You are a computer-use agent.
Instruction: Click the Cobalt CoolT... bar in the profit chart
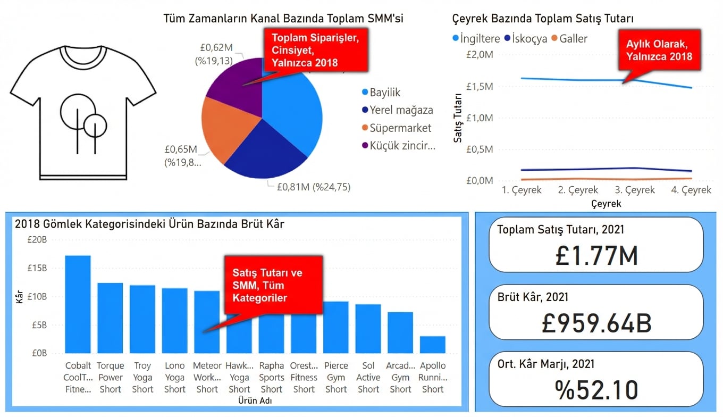[x=78, y=304]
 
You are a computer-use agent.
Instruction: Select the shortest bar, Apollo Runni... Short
[x=432, y=345]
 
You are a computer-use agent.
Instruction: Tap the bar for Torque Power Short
[x=110, y=318]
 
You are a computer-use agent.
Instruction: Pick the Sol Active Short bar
[x=368, y=328]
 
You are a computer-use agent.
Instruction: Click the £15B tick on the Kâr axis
[x=37, y=268]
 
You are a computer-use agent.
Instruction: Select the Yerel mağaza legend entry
[x=401, y=111]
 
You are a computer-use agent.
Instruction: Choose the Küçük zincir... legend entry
[x=402, y=146]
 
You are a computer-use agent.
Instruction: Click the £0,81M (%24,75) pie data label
[x=314, y=187]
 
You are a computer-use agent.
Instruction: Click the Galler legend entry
[x=573, y=39]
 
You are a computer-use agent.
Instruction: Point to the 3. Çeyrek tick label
[x=634, y=190]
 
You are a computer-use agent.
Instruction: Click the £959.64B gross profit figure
[x=596, y=323]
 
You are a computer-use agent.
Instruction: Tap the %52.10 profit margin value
[x=596, y=390]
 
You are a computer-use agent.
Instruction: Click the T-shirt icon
[x=83, y=112]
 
